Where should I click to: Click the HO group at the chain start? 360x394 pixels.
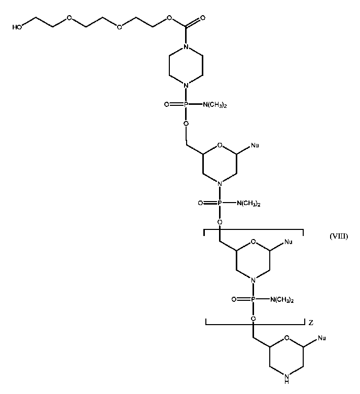(x=17, y=28)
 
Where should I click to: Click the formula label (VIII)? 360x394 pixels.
(x=338, y=236)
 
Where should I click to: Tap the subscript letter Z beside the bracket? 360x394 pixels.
(x=310, y=322)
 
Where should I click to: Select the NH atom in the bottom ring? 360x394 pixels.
(x=287, y=376)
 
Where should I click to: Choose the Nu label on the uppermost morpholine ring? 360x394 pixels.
(x=255, y=146)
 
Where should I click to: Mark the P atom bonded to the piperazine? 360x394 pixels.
(x=186, y=104)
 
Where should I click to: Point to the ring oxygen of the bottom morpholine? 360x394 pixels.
(x=286, y=338)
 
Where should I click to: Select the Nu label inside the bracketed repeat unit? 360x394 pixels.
(x=289, y=242)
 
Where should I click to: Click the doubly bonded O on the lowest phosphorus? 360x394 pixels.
(x=234, y=300)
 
